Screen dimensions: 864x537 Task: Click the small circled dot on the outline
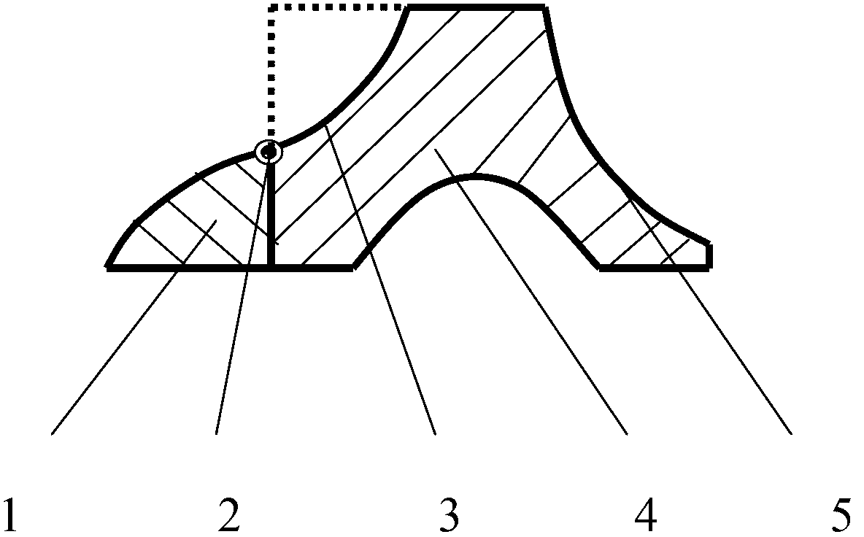click(269, 152)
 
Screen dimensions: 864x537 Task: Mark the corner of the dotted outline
click(271, 8)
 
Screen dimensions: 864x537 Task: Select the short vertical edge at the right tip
click(710, 256)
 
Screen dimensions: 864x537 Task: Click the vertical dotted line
click(271, 73)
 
